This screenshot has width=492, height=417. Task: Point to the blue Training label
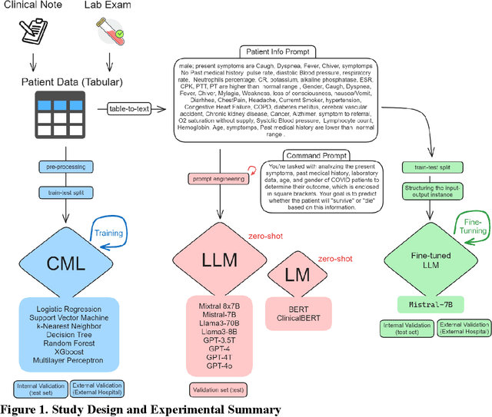pos(110,233)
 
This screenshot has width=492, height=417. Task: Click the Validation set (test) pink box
pos(217,390)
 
